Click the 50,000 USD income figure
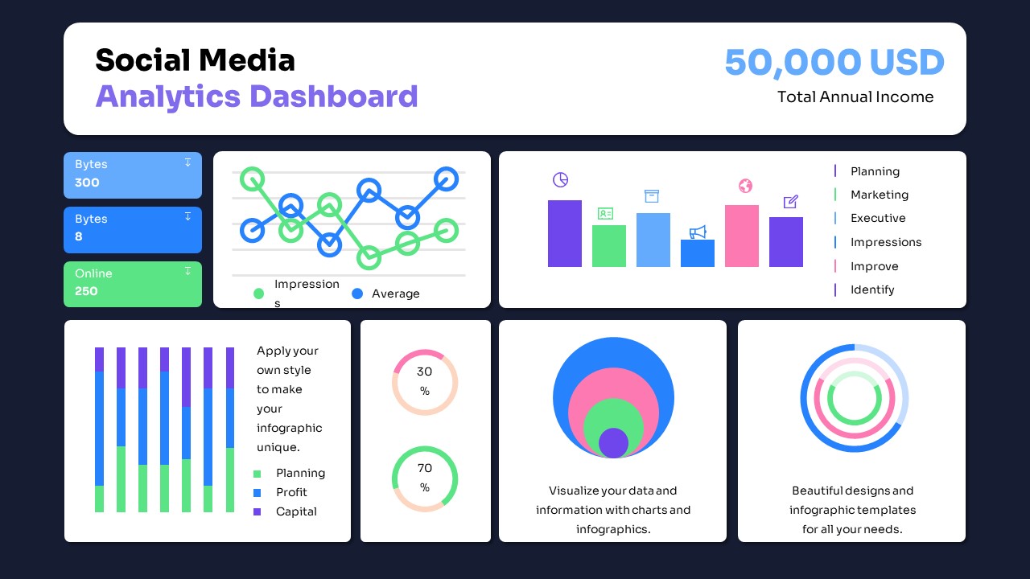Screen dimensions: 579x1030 click(834, 63)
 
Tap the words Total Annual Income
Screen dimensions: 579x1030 click(855, 97)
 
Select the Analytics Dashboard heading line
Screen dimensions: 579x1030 click(257, 96)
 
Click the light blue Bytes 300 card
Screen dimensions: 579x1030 click(133, 174)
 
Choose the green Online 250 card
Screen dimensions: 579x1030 click(133, 283)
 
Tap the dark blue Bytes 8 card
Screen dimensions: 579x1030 click(133, 229)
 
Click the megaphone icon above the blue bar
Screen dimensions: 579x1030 click(698, 232)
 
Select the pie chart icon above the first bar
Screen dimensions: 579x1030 click(561, 179)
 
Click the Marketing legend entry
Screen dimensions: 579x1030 click(879, 195)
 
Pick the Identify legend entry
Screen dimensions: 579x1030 click(872, 289)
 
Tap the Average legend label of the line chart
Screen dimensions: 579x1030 click(395, 294)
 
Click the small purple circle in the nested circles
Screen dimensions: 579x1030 click(613, 443)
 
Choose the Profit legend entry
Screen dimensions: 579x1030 click(290, 492)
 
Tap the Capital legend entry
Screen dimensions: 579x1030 click(295, 511)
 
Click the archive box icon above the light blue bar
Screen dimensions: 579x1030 click(652, 196)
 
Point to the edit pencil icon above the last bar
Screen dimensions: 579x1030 click(790, 202)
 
